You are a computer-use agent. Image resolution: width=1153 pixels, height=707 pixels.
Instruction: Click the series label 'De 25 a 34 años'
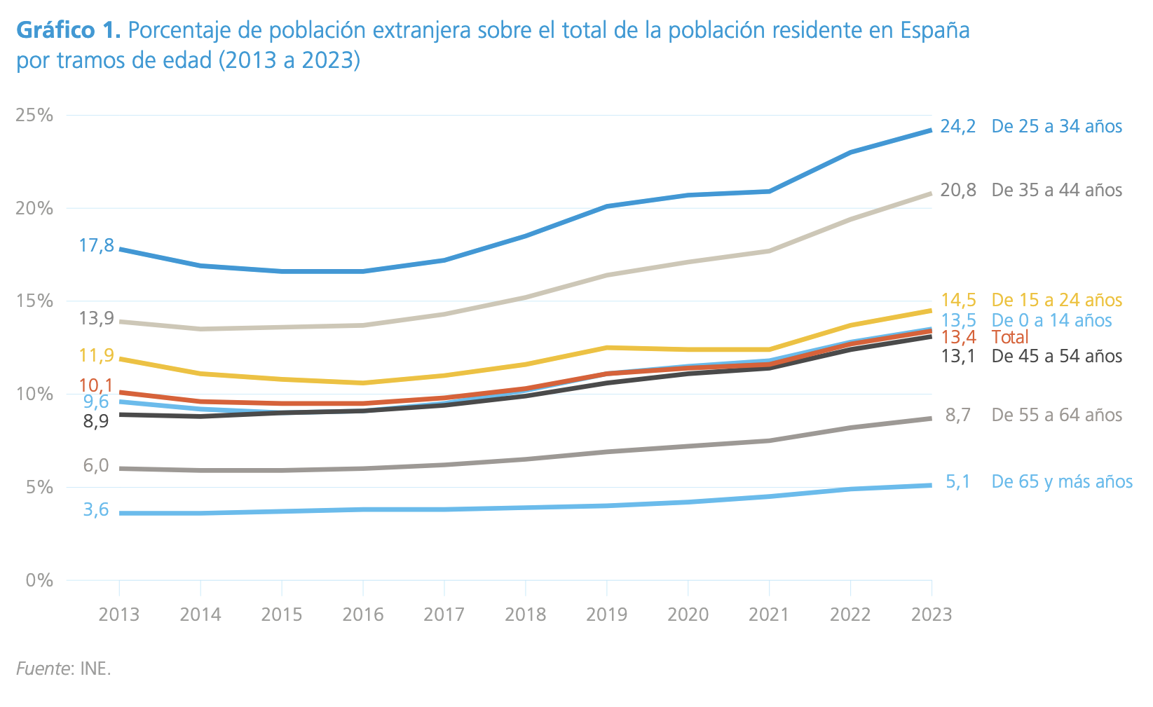1056,127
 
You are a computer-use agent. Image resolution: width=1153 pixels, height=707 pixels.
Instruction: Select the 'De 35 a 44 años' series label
1056,191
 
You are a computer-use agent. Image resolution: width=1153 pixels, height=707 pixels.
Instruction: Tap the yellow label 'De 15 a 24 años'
1056,301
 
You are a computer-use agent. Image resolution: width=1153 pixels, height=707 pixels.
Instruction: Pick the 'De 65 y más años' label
1061,482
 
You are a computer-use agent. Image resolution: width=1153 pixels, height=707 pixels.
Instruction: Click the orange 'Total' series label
1010,338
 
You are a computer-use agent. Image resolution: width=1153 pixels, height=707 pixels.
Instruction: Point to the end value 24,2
957,127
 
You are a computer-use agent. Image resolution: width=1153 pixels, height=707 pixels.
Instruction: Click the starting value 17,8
96,246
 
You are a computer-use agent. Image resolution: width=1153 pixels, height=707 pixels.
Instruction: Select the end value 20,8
957,191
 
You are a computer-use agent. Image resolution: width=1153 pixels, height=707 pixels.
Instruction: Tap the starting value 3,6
96,510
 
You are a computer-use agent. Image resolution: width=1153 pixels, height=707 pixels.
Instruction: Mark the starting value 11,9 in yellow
96,356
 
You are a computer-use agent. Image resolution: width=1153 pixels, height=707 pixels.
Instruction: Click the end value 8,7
957,416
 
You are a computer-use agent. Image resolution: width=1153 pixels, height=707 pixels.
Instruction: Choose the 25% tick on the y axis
34,116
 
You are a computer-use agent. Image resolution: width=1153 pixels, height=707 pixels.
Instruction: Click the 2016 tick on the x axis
363,615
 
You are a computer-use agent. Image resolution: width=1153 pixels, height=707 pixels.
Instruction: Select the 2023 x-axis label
931,615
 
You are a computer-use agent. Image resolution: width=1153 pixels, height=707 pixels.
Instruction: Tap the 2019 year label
606,615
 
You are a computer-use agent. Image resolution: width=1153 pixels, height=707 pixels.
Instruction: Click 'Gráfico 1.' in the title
69,31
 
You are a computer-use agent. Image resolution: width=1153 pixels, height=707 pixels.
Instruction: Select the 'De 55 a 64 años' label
1056,416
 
